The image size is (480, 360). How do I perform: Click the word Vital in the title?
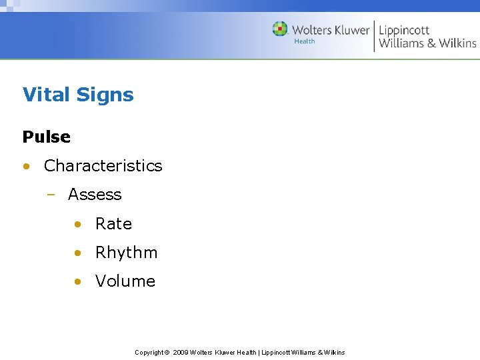47,95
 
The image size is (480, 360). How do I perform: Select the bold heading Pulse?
46,137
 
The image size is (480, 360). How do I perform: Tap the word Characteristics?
103,165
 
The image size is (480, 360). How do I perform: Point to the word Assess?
95,195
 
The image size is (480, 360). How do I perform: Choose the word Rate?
113,224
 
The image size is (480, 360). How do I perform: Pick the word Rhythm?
126,253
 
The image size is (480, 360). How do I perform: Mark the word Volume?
125,281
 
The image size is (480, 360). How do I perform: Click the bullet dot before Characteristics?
25,166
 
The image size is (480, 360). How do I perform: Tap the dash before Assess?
51,195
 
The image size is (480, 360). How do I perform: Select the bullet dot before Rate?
78,224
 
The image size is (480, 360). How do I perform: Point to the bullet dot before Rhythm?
78,253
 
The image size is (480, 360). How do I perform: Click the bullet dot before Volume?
78,281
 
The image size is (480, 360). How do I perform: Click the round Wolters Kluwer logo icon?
280,29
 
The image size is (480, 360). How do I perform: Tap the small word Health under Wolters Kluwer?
305,41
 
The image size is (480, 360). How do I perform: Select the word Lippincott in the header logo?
404,30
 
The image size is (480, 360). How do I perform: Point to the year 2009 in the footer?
180,352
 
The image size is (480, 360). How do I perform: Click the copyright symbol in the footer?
167,352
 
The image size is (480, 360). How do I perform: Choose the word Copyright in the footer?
149,352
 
